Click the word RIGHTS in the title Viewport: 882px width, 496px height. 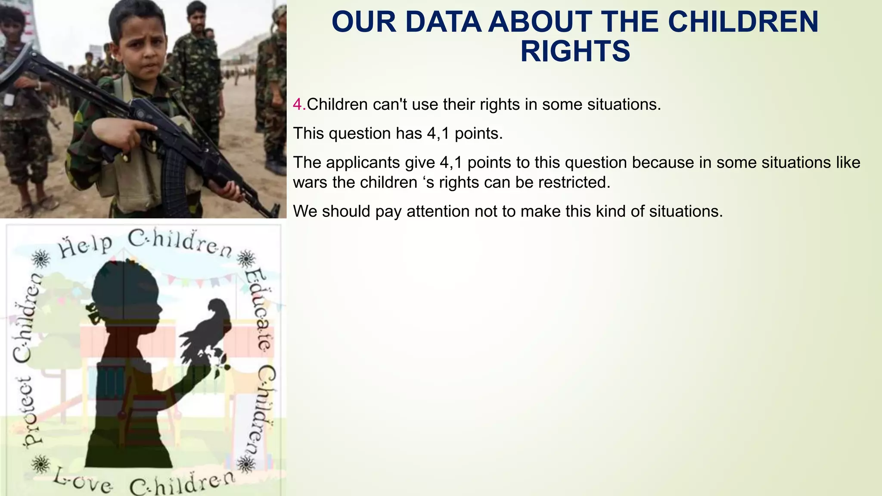click(x=575, y=51)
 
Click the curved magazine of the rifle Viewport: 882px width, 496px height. click(x=174, y=172)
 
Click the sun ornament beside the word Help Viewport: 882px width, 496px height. click(x=41, y=259)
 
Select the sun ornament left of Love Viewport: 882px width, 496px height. click(x=41, y=464)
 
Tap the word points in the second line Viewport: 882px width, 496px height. click(x=478, y=134)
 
